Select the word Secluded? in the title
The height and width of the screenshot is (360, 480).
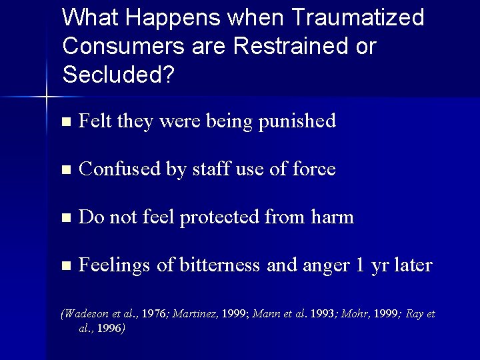click(x=118, y=75)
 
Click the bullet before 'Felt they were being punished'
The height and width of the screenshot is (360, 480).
click(x=65, y=122)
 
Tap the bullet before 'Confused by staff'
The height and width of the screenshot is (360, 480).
click(x=65, y=171)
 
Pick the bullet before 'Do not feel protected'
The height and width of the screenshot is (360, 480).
click(x=65, y=218)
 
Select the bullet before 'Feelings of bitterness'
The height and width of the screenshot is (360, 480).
click(x=65, y=266)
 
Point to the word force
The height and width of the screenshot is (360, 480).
click(x=313, y=170)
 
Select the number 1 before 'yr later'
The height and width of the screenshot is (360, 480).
click(x=359, y=265)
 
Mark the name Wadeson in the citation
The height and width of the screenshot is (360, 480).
click(x=85, y=314)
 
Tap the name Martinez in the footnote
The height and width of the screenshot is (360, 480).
click(x=194, y=314)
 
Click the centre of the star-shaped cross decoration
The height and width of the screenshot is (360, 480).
click(x=47, y=97)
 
